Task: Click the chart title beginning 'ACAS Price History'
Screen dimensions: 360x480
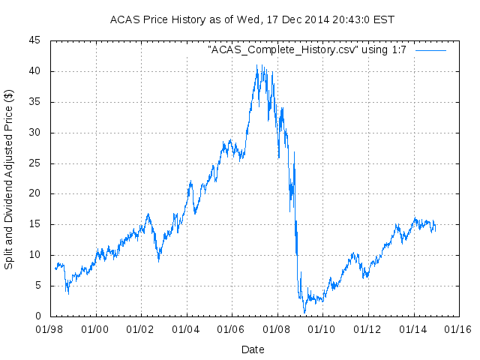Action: click(252, 19)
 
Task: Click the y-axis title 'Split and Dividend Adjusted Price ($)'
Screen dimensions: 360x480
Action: click(9, 180)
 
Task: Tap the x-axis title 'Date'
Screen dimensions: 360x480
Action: click(253, 349)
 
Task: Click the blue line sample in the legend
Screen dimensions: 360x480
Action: click(430, 49)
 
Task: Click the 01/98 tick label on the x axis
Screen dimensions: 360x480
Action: click(50, 328)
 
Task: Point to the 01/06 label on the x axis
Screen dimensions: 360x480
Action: click(231, 328)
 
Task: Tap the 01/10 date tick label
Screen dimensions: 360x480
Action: click(322, 328)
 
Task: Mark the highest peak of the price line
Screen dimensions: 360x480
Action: click(256, 64)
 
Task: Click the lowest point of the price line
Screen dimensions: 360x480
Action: click(304, 312)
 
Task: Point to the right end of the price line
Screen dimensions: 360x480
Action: click(435, 225)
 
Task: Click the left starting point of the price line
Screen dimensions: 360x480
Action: click(55, 268)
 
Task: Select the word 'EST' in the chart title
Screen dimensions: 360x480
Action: click(385, 19)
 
